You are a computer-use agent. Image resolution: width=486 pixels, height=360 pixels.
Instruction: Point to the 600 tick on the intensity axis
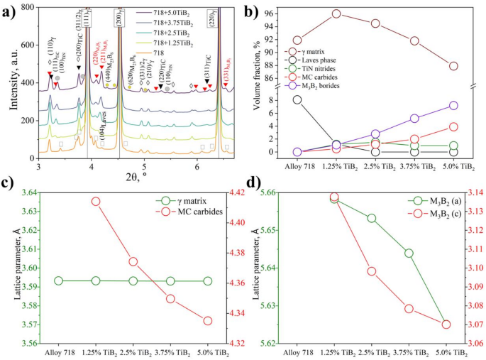pyautogui.click(x=28, y=45)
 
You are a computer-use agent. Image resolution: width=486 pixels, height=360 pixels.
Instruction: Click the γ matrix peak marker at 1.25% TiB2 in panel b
pyautogui.click(x=336, y=13)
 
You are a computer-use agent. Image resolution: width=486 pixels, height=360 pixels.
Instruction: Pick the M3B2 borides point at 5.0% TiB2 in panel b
pyautogui.click(x=453, y=106)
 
